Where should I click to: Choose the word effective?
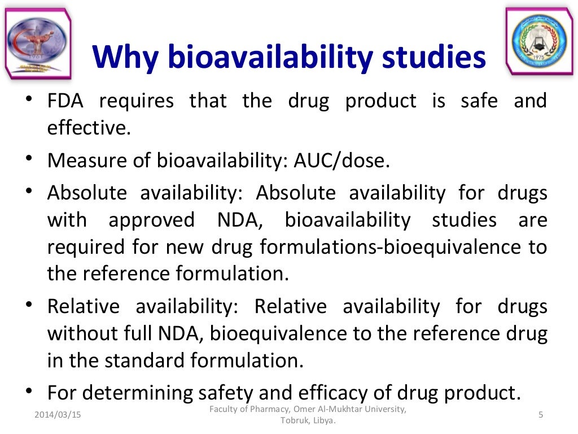(x=89, y=128)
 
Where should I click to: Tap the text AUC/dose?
(x=341, y=161)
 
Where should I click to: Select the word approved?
(x=151, y=220)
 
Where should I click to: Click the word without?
(x=80, y=334)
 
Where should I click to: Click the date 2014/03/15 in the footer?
(x=58, y=415)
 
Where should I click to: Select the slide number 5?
(x=541, y=415)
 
